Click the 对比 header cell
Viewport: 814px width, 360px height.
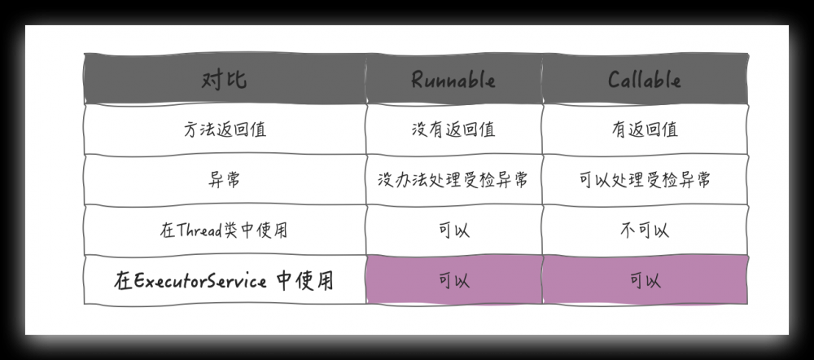224,80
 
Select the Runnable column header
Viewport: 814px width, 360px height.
453,80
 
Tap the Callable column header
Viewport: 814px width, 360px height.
644,80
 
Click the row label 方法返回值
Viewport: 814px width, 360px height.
224,130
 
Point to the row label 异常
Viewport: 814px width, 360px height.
224,180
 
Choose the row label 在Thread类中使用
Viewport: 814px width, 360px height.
224,230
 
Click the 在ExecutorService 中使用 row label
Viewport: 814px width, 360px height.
224,282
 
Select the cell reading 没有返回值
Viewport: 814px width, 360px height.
453,130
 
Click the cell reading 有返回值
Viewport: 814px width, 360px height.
644,130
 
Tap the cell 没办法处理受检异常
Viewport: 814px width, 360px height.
453,180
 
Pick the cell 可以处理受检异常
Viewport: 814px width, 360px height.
644,180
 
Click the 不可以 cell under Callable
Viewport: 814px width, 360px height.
644,230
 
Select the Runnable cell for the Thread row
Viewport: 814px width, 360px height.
453,230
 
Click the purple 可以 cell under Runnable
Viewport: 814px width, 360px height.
453,282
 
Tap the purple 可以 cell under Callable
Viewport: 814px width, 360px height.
644,282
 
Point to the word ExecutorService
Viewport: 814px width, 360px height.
199,282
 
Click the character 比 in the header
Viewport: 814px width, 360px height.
236,80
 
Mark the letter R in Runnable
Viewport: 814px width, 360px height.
417,80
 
